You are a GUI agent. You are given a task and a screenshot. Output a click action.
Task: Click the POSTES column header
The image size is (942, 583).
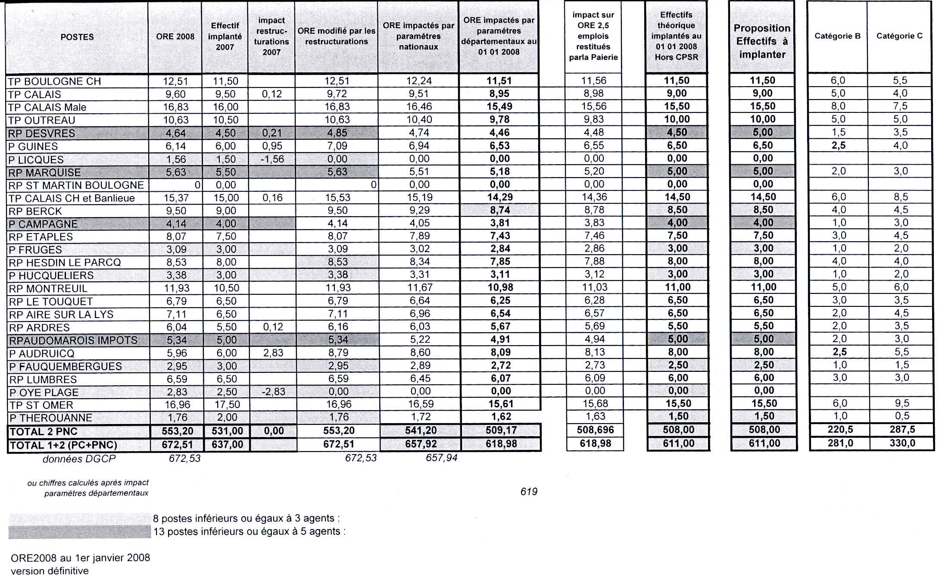[77, 37]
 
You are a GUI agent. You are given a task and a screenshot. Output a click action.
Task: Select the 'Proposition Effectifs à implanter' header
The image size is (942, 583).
[762, 41]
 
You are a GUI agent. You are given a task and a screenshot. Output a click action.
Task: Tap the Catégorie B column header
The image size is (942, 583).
[837, 36]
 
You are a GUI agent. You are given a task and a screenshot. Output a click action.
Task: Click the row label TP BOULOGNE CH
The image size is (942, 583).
[54, 81]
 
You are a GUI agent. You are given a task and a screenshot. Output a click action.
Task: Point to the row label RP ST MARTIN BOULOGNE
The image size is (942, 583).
[76, 185]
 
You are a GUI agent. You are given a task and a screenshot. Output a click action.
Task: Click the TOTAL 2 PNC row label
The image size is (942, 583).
[44, 432]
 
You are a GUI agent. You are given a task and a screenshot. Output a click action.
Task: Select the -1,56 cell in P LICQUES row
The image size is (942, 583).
[272, 159]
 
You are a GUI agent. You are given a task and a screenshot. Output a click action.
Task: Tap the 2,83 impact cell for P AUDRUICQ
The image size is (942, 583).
[273, 353]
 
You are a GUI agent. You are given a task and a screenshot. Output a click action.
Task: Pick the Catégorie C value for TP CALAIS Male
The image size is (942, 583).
[900, 106]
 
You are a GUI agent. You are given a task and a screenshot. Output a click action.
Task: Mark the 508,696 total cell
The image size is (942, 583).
[595, 430]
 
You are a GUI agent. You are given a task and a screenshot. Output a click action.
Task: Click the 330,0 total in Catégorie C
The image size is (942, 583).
[902, 443]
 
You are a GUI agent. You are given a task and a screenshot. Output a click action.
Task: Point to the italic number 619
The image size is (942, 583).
[529, 492]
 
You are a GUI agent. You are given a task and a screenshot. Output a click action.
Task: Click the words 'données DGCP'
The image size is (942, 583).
[79, 459]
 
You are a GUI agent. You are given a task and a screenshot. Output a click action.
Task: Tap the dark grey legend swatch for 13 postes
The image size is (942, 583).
[80, 532]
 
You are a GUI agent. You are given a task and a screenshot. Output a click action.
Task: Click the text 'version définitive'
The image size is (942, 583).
[50, 571]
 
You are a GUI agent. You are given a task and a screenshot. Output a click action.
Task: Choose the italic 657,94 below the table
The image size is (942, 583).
[441, 458]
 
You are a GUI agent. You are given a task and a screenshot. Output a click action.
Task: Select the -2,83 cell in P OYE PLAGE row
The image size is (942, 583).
[273, 392]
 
